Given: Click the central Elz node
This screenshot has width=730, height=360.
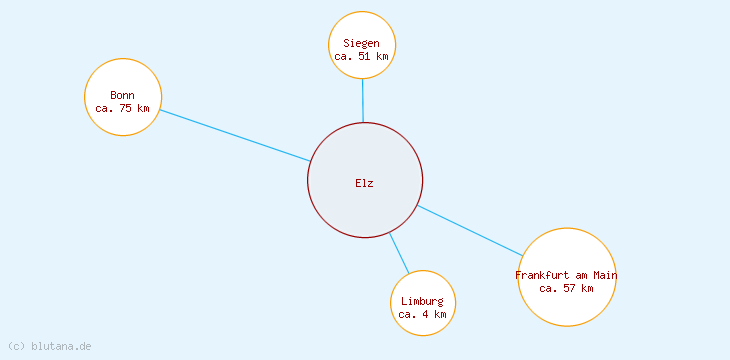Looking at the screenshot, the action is [x=365, y=160].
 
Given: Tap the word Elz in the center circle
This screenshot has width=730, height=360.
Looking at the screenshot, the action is [x=364, y=183].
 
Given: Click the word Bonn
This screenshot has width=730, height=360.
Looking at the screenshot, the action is [x=123, y=95].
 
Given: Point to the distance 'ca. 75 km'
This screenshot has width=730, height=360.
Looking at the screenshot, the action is [x=123, y=108].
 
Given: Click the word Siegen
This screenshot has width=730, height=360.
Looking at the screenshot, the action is [x=362, y=43].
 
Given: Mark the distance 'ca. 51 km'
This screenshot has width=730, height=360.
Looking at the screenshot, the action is [x=362, y=57].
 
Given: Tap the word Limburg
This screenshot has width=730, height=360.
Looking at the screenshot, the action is [x=423, y=301].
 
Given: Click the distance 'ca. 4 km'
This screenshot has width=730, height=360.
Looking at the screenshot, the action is [x=423, y=314].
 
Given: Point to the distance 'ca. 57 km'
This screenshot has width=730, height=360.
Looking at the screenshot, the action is [x=567, y=288].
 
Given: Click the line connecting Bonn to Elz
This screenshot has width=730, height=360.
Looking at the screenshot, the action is [x=235, y=135].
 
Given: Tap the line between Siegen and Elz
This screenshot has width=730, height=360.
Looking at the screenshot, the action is [x=362, y=100].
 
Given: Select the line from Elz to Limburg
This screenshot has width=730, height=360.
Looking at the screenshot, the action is [x=399, y=253].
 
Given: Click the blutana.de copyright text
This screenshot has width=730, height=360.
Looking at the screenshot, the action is [x=50, y=346].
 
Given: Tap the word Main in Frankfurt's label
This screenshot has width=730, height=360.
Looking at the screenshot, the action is [x=605, y=275].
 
